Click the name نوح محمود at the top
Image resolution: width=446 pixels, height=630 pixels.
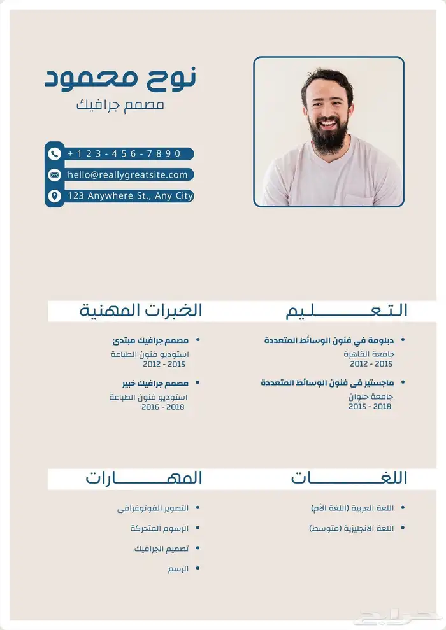click(x=120, y=78)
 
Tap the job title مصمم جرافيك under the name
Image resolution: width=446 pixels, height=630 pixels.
click(x=120, y=104)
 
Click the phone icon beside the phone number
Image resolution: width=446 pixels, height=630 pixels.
click(x=54, y=153)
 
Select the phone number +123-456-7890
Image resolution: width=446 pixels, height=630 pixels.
click(x=124, y=153)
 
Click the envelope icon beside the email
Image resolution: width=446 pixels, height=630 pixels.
click(x=54, y=175)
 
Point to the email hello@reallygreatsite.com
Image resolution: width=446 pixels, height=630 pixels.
click(x=127, y=175)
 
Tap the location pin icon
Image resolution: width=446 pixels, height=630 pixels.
click(x=54, y=196)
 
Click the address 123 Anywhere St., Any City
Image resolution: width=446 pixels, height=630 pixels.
click(x=130, y=196)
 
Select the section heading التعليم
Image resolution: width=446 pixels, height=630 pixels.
click(x=347, y=311)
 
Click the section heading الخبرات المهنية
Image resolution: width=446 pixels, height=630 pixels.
click(x=141, y=311)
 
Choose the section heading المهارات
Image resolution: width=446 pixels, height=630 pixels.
click(x=144, y=478)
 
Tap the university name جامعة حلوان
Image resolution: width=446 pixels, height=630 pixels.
click(x=371, y=396)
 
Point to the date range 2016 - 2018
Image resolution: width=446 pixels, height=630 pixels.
click(x=163, y=407)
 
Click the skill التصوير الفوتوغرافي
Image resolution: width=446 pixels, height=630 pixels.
click(x=153, y=508)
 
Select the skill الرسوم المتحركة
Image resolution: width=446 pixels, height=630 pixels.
click(x=159, y=528)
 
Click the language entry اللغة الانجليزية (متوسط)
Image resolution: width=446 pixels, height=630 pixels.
click(x=351, y=528)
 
